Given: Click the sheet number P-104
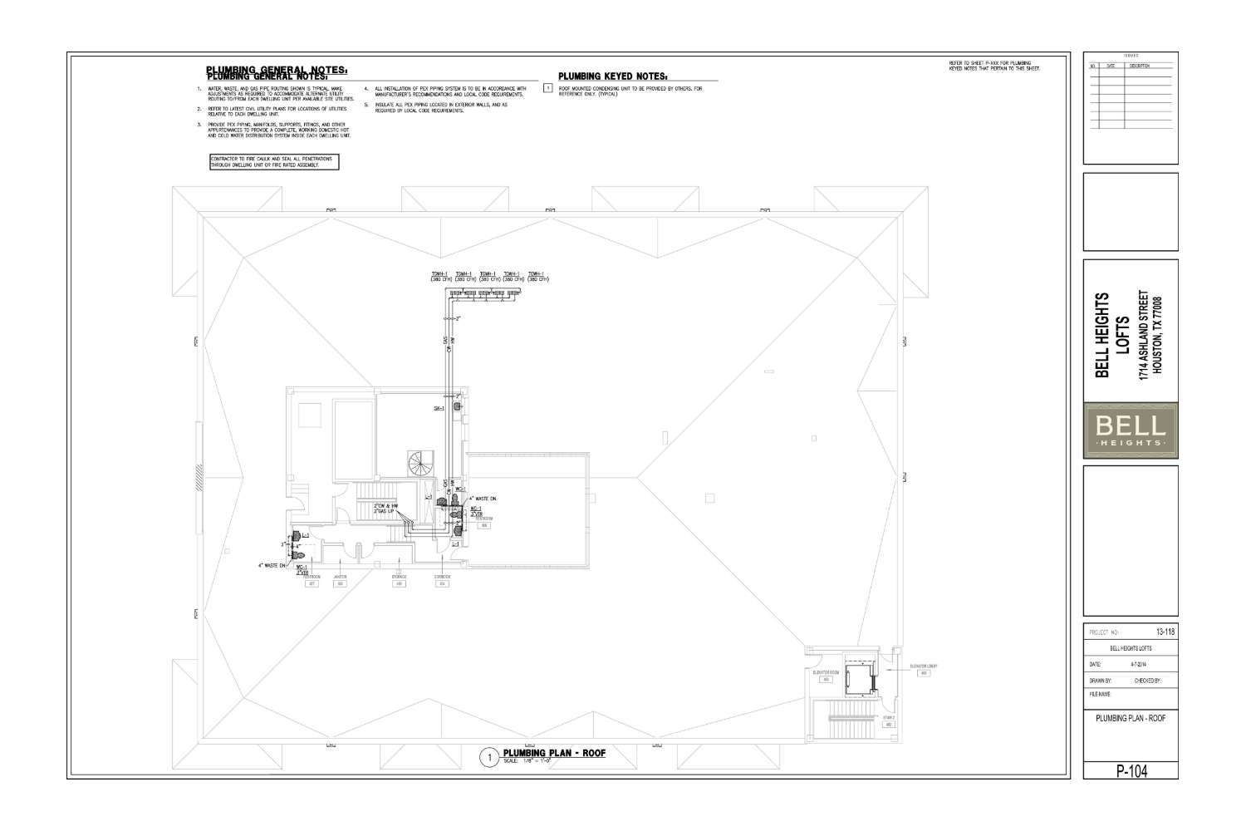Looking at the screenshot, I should point(1131,771).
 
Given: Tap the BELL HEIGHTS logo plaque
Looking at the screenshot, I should point(1131,430).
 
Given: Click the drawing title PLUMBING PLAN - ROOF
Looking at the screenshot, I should point(554,753).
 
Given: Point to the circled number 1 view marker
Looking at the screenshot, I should point(490,757).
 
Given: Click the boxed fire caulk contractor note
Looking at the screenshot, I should point(276,162).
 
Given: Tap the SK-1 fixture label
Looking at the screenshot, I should point(439,408).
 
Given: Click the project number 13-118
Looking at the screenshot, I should point(1165,632).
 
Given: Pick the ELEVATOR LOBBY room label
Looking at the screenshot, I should point(923,666).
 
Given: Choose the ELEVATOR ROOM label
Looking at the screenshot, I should point(825,671).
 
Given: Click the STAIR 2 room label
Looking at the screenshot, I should point(888,717).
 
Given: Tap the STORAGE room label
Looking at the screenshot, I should point(400,576).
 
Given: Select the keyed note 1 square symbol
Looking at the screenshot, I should point(547,87).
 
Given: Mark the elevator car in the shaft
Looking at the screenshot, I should point(856,681).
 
